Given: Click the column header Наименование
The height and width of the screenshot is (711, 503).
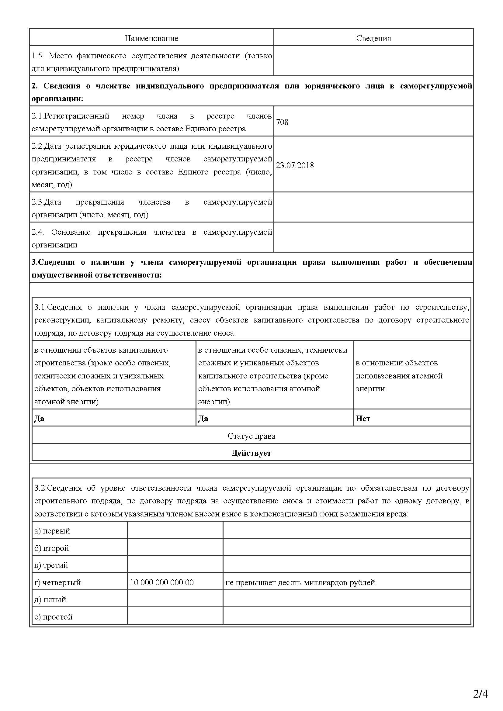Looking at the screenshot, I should [151, 38].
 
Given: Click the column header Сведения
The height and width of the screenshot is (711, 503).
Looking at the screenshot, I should [373, 38].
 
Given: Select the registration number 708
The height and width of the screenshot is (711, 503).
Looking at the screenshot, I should [282, 122].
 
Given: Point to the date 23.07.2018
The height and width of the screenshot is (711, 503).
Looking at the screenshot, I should [295, 165].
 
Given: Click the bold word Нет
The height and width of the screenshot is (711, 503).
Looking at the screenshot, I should [363, 419].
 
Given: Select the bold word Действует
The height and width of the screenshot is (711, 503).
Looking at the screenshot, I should [251, 453].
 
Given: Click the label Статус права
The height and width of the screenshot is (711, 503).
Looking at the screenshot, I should [251, 436].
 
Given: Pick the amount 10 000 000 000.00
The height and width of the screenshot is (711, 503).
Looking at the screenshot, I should [162, 582].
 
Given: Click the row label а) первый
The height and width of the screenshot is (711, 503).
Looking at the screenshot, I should [52, 531].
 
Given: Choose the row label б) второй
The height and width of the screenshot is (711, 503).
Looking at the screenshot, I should [51, 548].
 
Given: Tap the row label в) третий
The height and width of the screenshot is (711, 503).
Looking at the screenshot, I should [51, 565].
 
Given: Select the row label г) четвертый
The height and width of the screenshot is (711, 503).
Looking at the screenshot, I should [57, 582].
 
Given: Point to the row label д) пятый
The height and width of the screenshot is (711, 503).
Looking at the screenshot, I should [50, 599].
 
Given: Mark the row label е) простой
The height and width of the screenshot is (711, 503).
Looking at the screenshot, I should [53, 617].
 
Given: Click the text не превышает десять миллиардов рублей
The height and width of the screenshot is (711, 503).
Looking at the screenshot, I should [300, 582].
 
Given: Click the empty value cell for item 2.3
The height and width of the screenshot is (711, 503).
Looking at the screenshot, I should [373, 207].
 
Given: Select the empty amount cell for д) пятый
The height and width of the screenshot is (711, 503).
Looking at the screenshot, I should [175, 599].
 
